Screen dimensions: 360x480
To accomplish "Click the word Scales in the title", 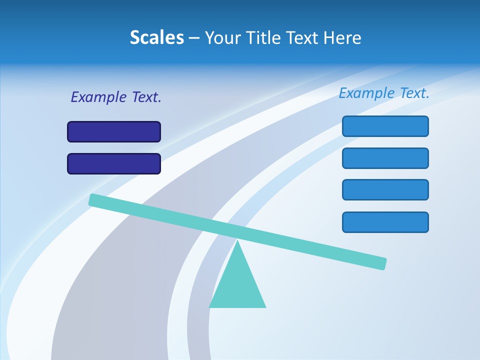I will tap(157, 37).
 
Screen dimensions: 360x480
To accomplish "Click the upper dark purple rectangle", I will tap(114, 131).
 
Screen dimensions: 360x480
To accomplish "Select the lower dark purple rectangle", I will tap(114, 163).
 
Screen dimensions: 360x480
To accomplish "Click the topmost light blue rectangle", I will tap(385, 126).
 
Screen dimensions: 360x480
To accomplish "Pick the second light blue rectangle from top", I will tap(385, 158).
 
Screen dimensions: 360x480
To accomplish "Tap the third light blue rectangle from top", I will tap(385, 190).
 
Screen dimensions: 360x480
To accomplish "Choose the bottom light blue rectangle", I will tap(385, 222).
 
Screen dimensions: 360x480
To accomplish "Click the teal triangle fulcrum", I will tap(237, 285).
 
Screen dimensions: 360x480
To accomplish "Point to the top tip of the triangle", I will tap(238, 241).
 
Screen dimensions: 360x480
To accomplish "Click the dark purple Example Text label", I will tap(116, 97).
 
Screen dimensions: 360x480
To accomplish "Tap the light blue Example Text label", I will tap(384, 93).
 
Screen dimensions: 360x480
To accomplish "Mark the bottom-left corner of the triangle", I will tap(210, 306).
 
